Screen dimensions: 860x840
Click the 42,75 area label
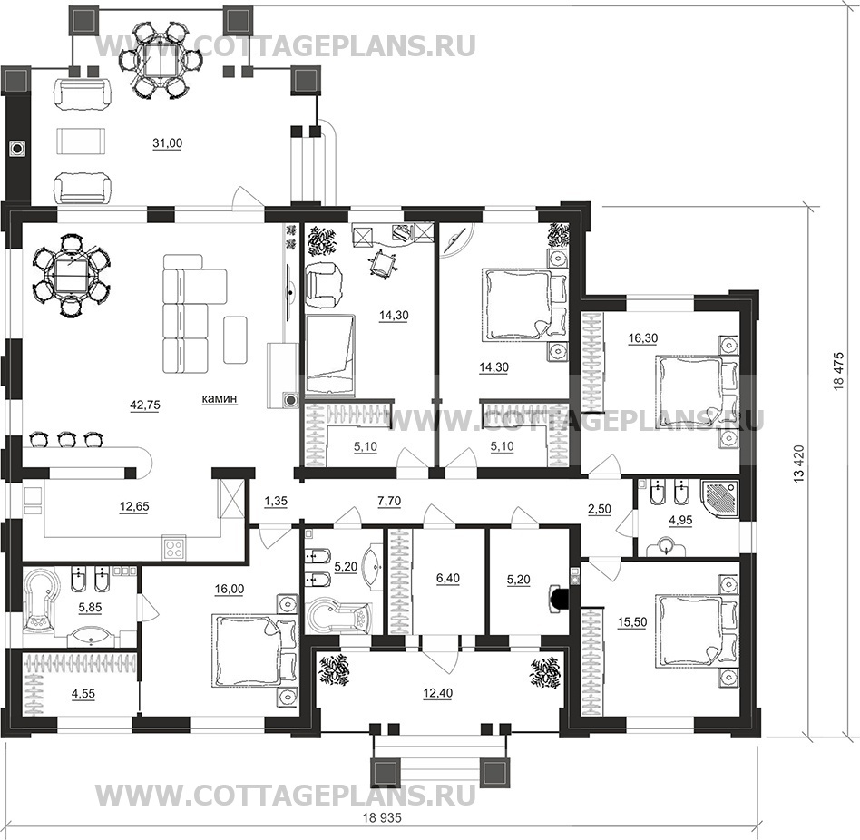tap(145, 405)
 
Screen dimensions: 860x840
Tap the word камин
tap(220, 398)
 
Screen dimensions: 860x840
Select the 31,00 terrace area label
tap(167, 143)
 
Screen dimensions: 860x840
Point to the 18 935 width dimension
tap(382, 817)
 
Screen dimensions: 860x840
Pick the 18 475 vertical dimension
tap(838, 371)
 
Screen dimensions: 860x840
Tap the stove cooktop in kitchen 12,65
tap(174, 549)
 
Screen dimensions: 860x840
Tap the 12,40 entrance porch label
tap(437, 694)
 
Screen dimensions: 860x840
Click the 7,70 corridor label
tap(389, 501)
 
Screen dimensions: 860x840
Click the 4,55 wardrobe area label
tap(83, 694)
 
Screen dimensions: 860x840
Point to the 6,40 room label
tap(448, 579)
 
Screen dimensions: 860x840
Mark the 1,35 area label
tap(276, 501)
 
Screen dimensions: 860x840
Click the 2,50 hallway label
tap(600, 510)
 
